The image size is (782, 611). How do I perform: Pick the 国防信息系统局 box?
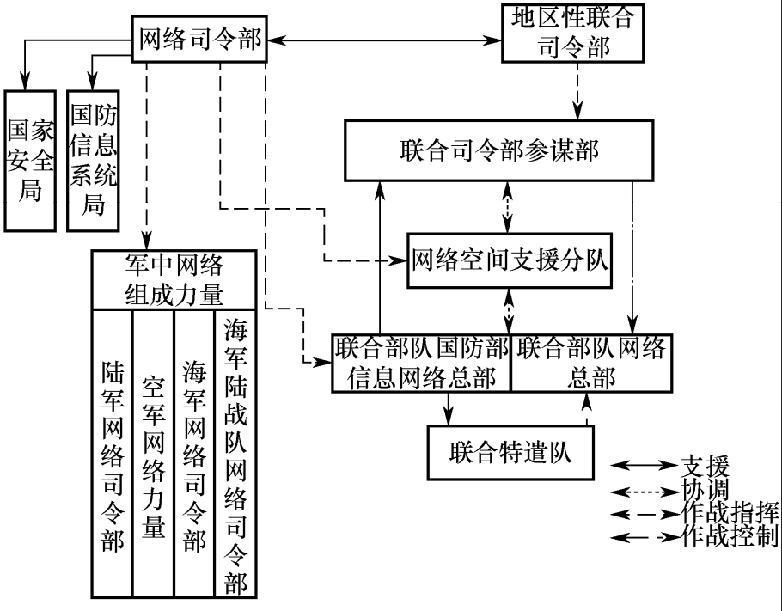[x=93, y=160]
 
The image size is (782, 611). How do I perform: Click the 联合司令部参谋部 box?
[x=505, y=150]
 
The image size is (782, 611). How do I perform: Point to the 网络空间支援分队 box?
[x=509, y=260]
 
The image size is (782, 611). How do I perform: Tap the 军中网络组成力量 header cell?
[x=174, y=279]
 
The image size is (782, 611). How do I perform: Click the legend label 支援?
[x=705, y=467]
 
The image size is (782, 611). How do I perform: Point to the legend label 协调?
[x=705, y=490]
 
